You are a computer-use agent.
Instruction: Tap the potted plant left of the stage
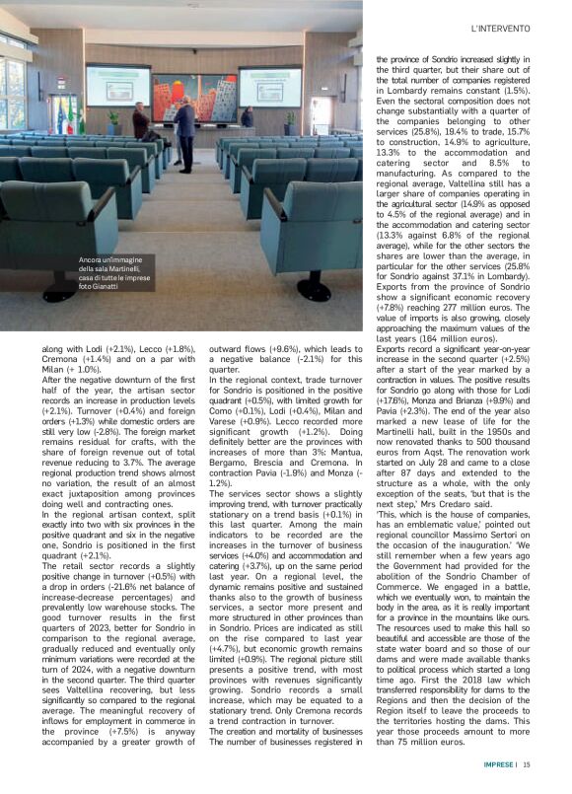pos(113,120)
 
